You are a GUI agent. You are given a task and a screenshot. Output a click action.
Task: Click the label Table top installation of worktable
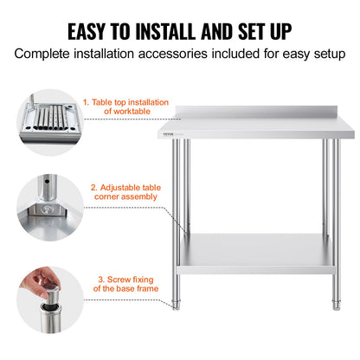pos(125,106)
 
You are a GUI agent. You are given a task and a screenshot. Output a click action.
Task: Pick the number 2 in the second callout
pos(93,185)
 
